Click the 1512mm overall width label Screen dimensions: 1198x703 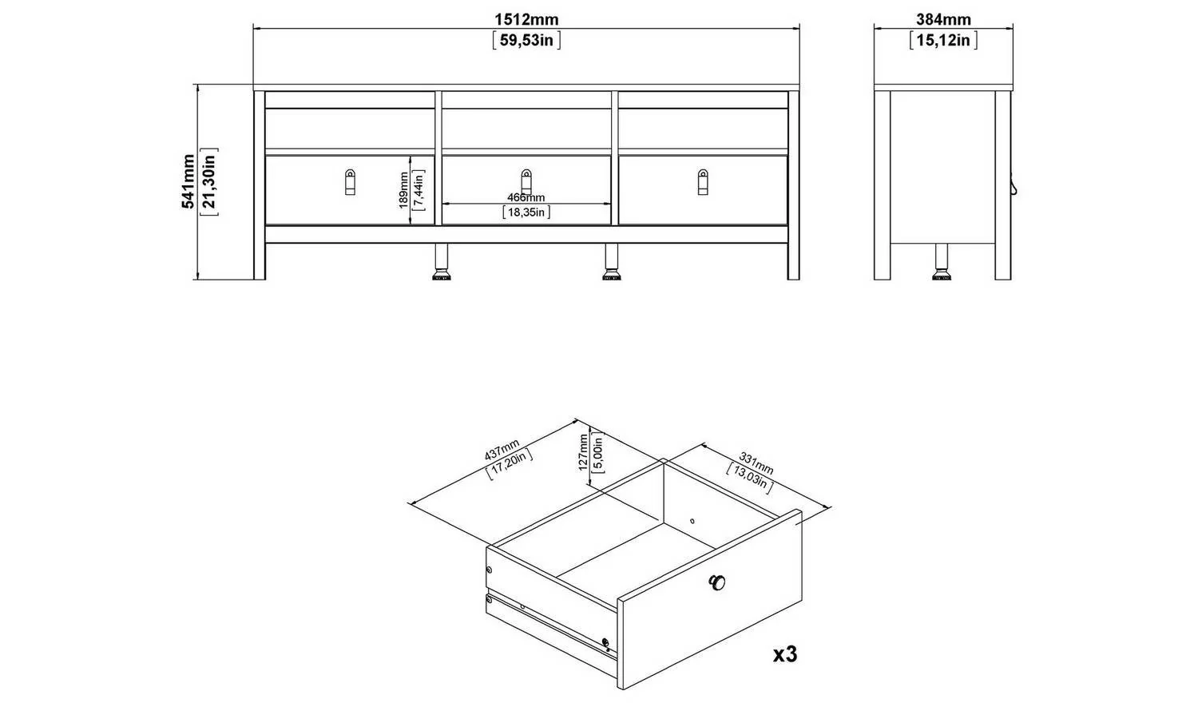[526, 19]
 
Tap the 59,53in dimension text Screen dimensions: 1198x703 [526, 40]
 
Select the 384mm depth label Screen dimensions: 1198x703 [943, 19]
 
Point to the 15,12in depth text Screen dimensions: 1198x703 [943, 40]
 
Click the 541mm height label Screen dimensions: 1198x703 [188, 181]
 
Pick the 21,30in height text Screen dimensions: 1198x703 [209, 181]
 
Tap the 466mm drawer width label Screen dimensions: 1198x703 [526, 198]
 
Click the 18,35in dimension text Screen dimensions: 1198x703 [526, 212]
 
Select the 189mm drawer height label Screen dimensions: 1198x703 [404, 190]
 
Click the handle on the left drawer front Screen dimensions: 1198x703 [350, 182]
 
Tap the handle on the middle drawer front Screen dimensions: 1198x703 [526, 182]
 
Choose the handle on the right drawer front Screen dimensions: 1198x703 [703, 182]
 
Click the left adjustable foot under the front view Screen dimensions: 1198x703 [441, 262]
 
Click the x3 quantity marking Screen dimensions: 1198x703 [785, 653]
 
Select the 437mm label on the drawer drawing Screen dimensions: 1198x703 [502, 450]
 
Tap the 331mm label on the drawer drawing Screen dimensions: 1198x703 [756, 463]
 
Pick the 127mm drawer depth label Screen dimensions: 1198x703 [583, 452]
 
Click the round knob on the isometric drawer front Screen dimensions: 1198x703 [716, 582]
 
